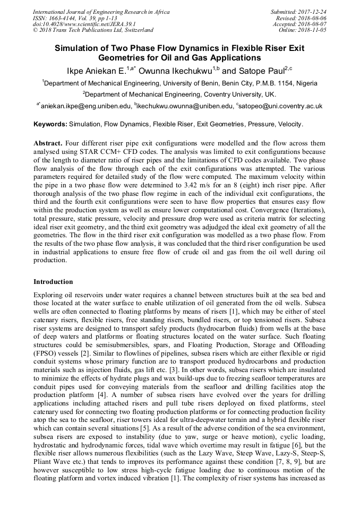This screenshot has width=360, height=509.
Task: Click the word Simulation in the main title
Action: (80, 48)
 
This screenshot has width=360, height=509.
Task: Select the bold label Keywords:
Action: (50, 125)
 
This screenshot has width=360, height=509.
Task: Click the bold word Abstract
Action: (48, 144)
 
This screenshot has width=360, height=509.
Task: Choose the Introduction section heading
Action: (53, 282)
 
